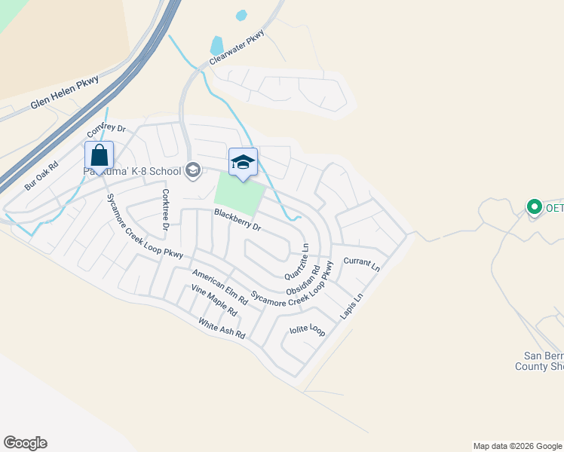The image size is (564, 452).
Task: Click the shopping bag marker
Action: (x=99, y=157)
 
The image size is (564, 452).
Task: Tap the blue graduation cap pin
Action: (x=243, y=163)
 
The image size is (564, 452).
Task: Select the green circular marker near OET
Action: (x=535, y=206)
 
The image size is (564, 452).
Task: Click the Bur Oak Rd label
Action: (x=41, y=176)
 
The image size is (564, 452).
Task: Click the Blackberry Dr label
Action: (x=237, y=220)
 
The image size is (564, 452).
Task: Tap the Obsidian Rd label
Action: (x=302, y=279)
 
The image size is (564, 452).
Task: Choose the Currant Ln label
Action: (x=361, y=263)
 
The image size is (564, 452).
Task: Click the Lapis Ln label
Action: (x=351, y=307)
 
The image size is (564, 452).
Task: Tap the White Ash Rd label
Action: (x=222, y=328)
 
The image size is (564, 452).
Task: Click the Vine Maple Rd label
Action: (x=214, y=301)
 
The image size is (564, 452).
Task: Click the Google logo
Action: (x=25, y=443)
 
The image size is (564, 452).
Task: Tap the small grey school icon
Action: (x=192, y=170)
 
